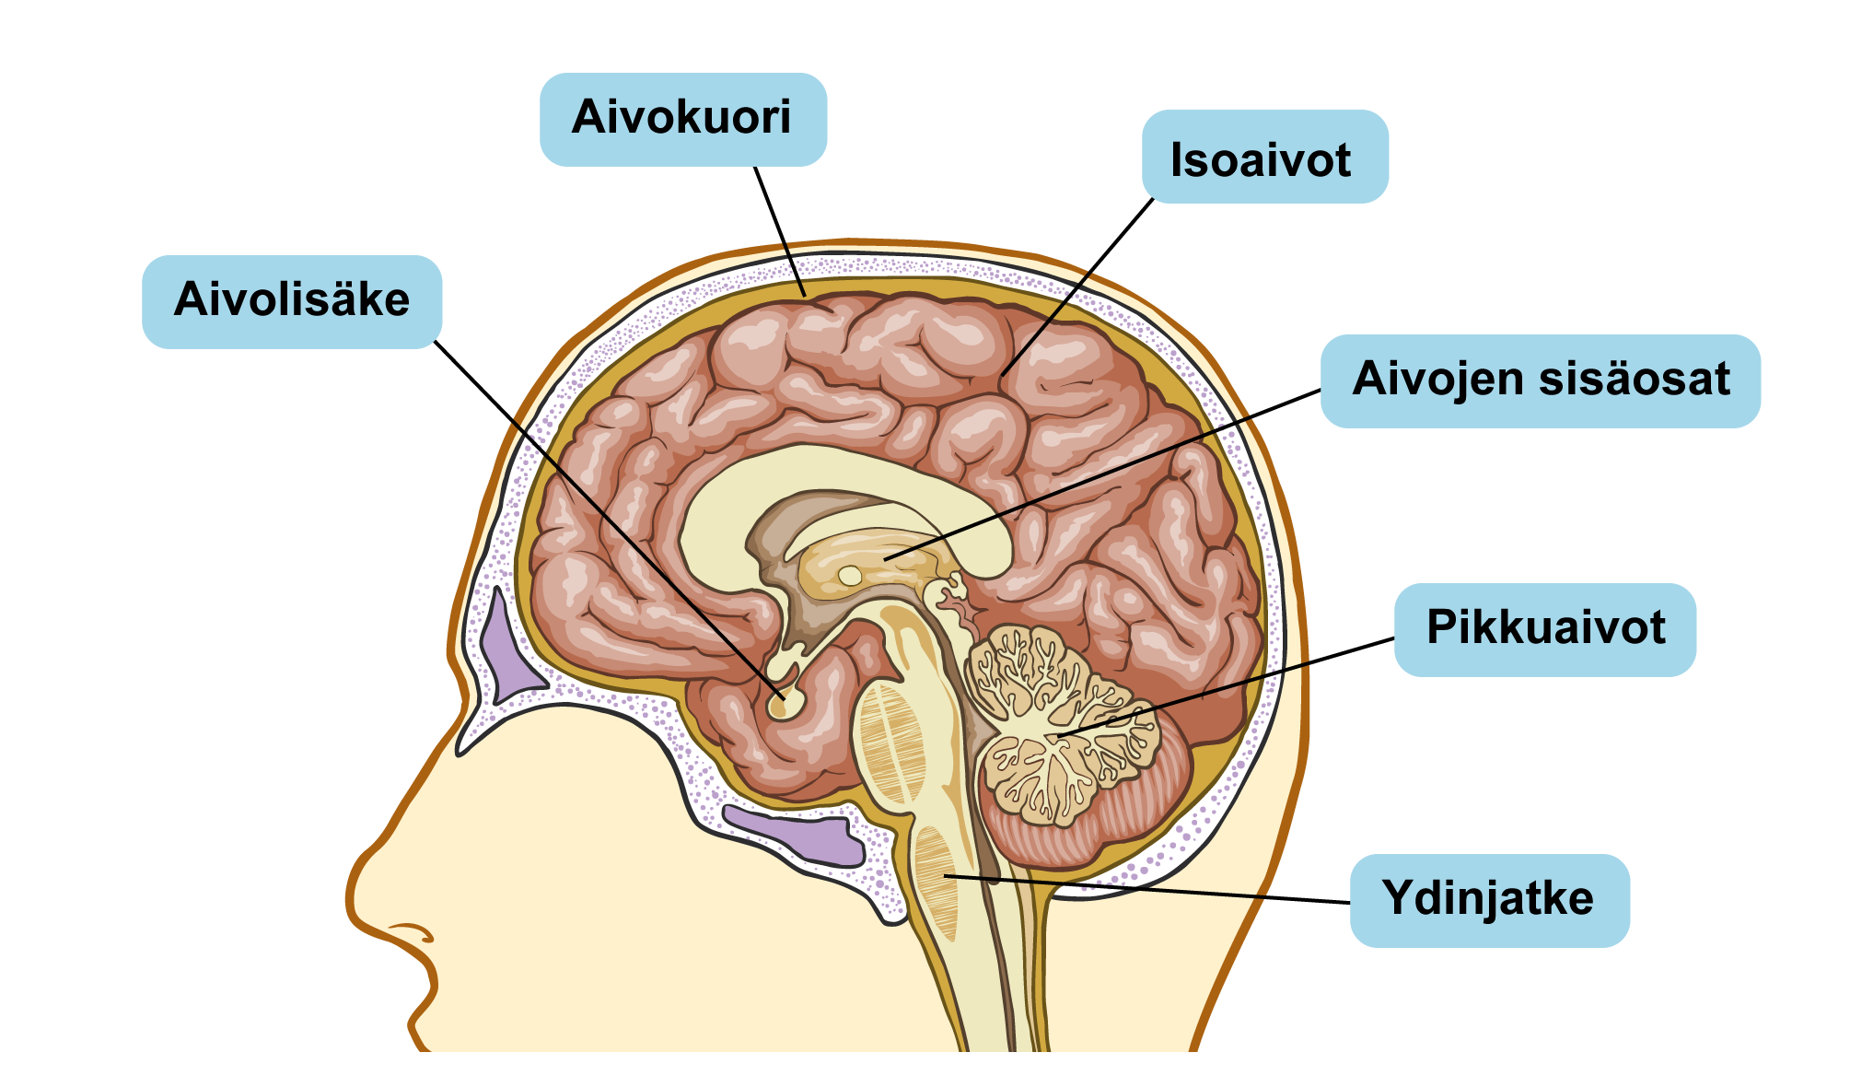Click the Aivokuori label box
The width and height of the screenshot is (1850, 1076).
(x=682, y=120)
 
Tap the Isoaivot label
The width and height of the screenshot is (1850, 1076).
(x=1264, y=157)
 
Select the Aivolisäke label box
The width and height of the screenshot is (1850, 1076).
(x=292, y=302)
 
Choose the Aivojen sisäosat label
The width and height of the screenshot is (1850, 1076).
(x=1541, y=380)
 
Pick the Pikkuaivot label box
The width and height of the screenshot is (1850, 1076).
(x=1545, y=630)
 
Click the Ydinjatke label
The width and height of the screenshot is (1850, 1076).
(x=1489, y=900)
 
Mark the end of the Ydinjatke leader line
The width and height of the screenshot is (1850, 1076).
(x=945, y=874)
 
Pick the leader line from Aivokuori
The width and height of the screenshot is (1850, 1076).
(x=780, y=231)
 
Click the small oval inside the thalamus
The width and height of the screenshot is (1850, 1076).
(x=850, y=576)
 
